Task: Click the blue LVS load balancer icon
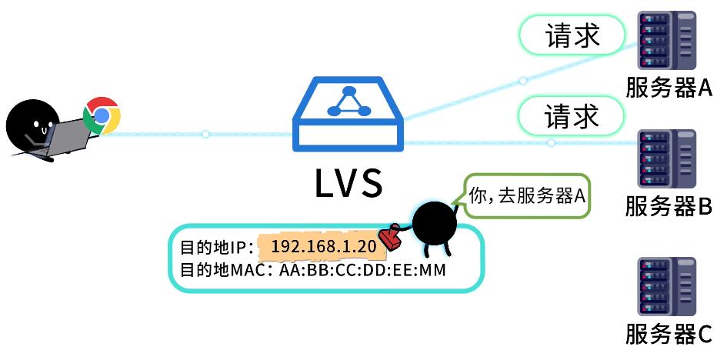(x=348, y=115)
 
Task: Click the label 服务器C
(x=669, y=335)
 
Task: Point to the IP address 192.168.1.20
(x=324, y=246)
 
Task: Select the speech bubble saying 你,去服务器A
(x=528, y=197)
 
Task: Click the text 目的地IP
(x=211, y=248)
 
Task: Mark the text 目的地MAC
(x=222, y=271)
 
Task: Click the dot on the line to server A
(x=522, y=81)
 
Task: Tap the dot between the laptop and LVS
(x=205, y=135)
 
